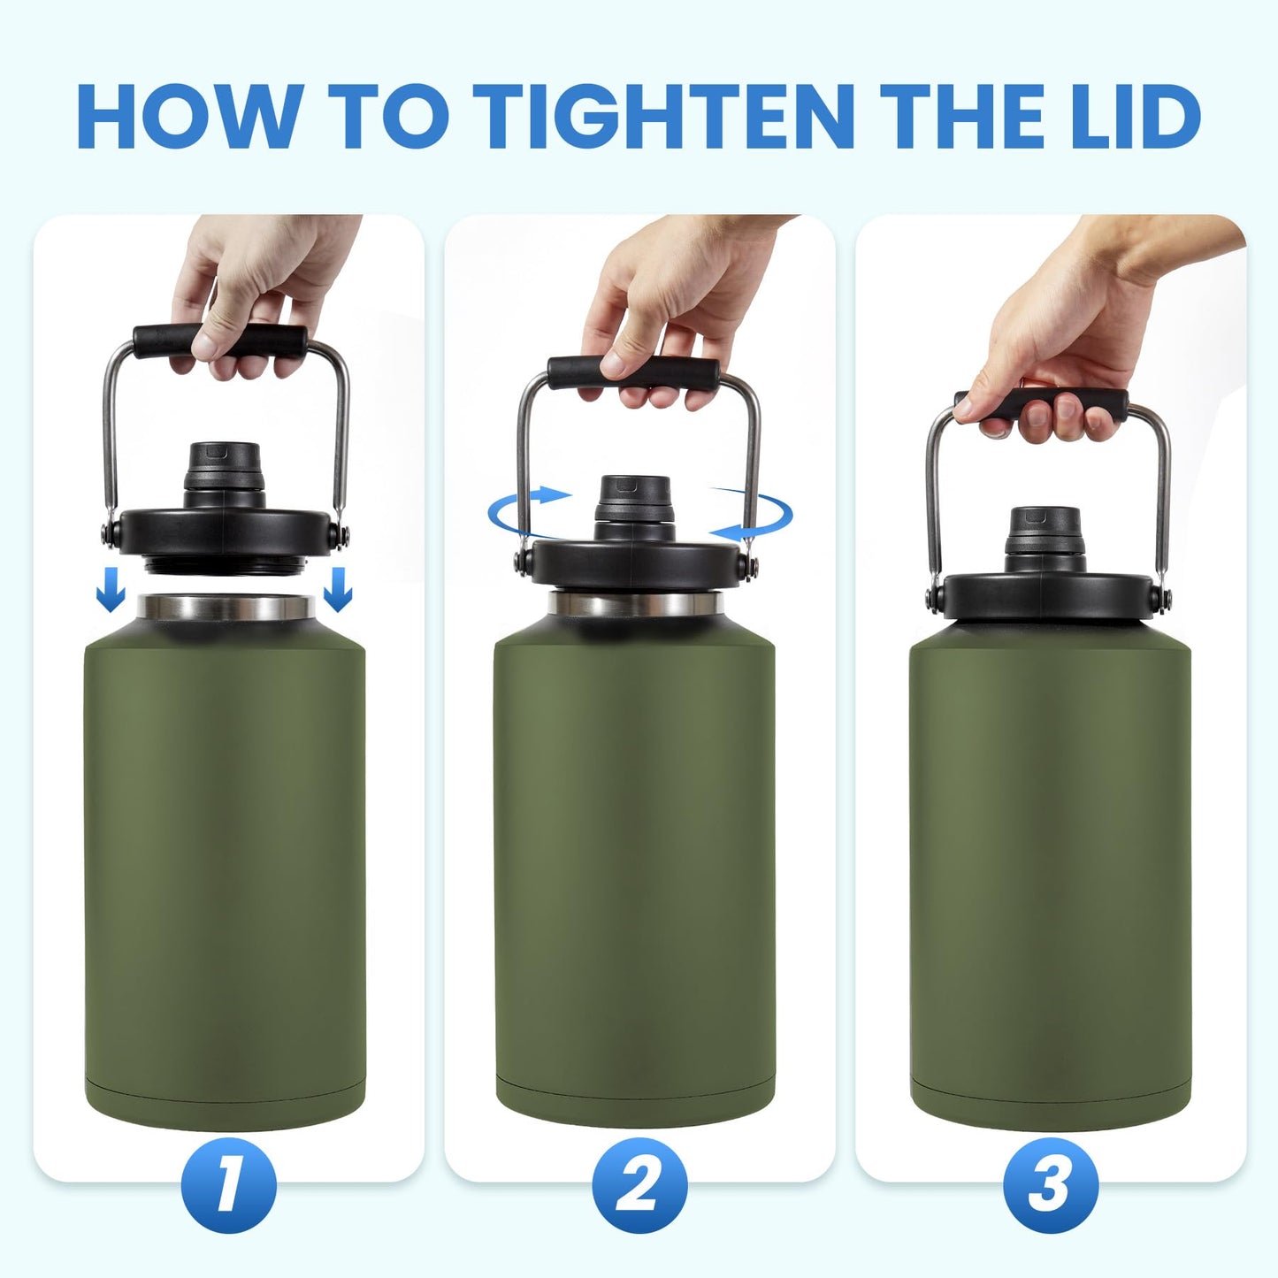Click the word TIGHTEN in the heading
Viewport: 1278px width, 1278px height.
tap(663, 117)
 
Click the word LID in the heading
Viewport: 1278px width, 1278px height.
tap(1133, 117)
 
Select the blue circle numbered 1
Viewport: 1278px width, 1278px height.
tap(228, 1185)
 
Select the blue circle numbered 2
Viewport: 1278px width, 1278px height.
tap(639, 1185)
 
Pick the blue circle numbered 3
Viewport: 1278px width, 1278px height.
tap(1050, 1185)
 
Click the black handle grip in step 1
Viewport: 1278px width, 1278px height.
tap(221, 340)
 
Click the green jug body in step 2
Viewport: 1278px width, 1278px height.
tap(634, 867)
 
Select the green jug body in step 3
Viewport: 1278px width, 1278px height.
tap(1050, 867)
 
